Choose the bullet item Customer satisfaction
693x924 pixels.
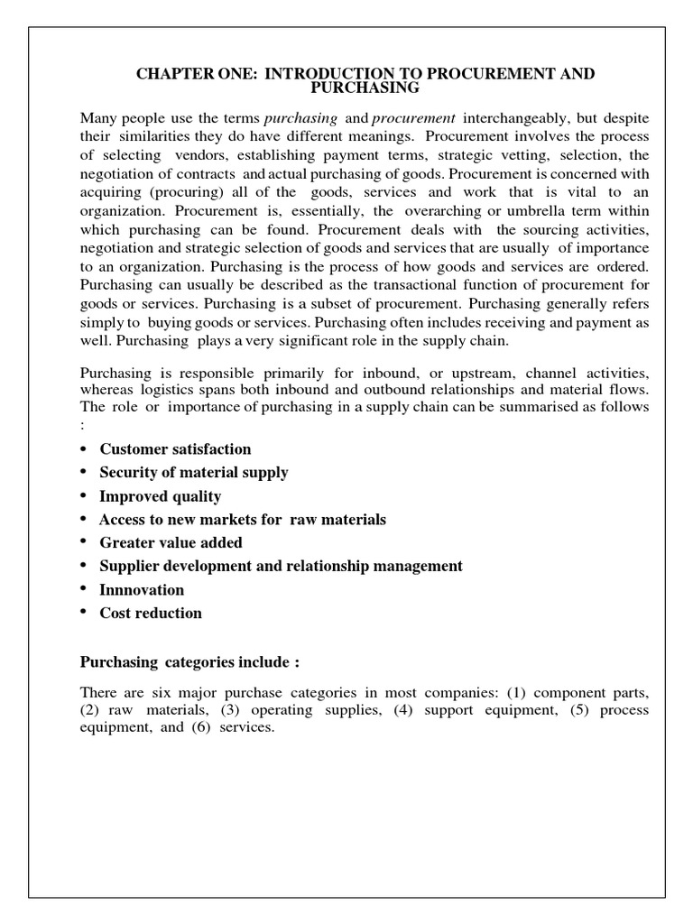click(x=175, y=448)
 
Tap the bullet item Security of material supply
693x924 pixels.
click(x=194, y=472)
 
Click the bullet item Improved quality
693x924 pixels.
click(x=160, y=495)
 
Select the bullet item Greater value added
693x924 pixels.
click(x=171, y=542)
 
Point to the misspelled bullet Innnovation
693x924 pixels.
click(x=142, y=589)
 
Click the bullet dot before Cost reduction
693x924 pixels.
click(x=84, y=613)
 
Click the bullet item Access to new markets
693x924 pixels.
click(x=242, y=519)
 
